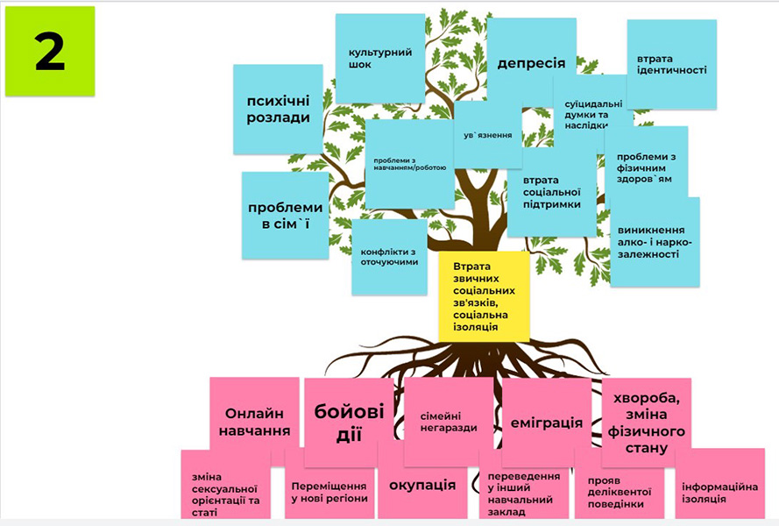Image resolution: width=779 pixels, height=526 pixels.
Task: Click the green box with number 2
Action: pos(50,52)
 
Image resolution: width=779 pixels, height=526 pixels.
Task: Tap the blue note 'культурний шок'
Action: pos(379,59)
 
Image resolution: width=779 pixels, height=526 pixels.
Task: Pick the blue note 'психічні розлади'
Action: pos(278,110)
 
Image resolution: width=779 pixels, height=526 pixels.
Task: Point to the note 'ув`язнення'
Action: pos(487,135)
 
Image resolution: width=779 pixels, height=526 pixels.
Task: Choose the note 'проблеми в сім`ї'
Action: pos(285,216)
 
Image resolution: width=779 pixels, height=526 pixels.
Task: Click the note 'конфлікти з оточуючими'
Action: pos(389,257)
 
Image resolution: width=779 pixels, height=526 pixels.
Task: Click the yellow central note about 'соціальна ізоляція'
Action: pos(484,296)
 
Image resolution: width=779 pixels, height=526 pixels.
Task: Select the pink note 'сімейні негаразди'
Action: pos(448,421)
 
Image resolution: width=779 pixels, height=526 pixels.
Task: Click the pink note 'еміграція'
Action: pos(546,422)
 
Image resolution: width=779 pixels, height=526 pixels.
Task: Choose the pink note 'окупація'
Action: pos(421,485)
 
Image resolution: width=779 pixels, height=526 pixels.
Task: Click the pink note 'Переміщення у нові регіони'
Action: pos(327,491)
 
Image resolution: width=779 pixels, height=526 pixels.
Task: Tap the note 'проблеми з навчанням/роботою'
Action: pos(409,165)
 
